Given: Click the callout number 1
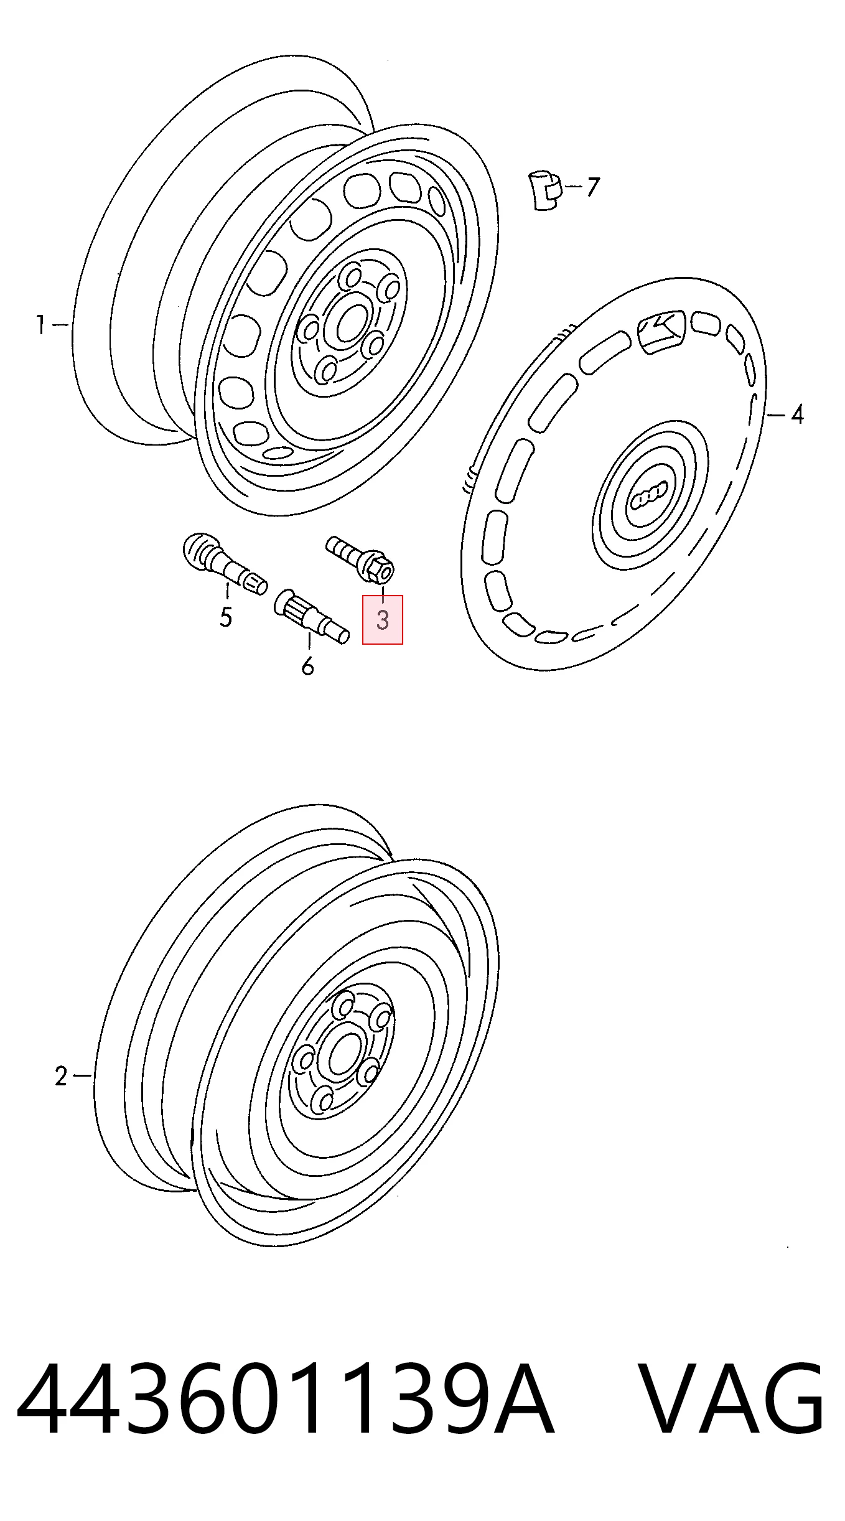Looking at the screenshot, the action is (40, 325).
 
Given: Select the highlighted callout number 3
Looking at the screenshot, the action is (383, 620).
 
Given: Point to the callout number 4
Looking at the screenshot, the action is (797, 414).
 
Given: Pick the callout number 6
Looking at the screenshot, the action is (307, 666).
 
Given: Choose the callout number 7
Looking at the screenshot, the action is (592, 187).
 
